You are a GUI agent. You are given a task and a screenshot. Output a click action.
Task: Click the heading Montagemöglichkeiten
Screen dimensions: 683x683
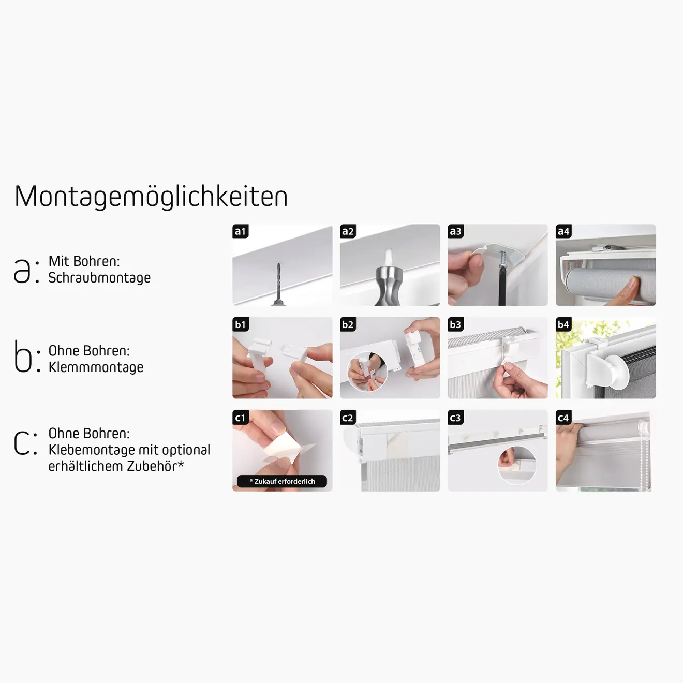(151, 197)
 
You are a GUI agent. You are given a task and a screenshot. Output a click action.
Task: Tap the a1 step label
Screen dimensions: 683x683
(240, 231)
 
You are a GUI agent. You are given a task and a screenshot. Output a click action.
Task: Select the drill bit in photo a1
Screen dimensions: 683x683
(278, 283)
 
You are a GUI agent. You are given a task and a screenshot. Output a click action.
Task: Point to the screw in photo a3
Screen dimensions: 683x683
(502, 262)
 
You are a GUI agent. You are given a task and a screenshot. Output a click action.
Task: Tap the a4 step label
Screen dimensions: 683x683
(563, 231)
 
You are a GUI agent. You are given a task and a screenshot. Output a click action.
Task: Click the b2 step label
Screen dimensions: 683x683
(348, 324)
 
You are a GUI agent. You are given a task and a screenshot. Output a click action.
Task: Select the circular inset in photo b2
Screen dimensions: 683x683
(366, 371)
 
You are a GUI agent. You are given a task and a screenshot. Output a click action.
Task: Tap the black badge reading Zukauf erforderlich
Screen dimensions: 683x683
(282, 481)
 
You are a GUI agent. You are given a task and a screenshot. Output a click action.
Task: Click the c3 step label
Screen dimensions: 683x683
(455, 418)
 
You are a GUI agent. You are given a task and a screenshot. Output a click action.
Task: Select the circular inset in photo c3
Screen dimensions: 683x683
(517, 465)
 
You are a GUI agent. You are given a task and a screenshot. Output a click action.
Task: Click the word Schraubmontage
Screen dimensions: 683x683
(99, 278)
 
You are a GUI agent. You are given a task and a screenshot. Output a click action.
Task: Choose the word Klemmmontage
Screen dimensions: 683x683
(96, 367)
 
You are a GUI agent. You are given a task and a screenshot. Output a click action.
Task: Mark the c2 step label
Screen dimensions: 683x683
(348, 418)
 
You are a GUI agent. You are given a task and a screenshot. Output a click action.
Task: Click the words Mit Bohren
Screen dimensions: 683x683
(84, 261)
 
